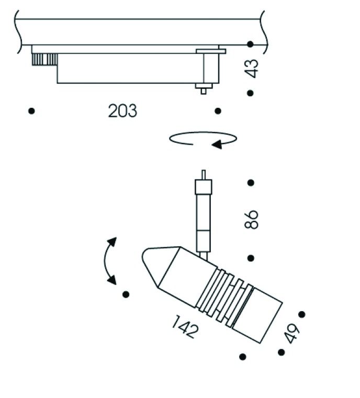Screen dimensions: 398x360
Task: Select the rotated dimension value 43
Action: pos(252,69)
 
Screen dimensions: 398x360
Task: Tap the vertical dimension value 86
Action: pos(252,220)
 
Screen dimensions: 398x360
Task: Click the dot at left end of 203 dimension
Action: pos(32,111)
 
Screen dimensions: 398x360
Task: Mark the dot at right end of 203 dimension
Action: pos(218,111)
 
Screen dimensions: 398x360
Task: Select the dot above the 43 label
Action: pos(251,44)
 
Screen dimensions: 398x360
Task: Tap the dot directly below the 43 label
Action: pos(251,93)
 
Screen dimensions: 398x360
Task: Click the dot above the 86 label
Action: pos(251,183)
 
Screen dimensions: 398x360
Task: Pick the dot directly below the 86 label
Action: pos(251,258)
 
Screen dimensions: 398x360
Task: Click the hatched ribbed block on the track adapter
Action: pos(44,60)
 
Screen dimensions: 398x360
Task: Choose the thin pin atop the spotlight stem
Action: pos(204,174)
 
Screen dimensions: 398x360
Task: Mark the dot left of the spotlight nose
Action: pos(126,294)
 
